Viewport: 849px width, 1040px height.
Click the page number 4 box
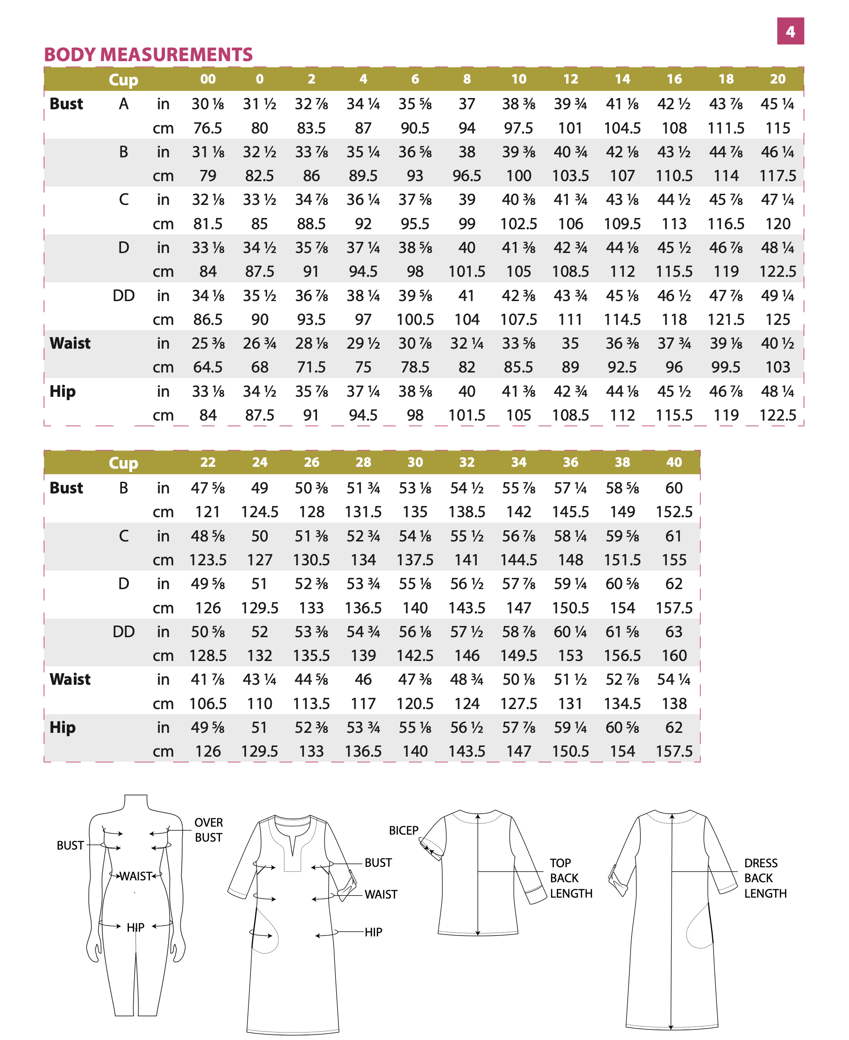point(790,31)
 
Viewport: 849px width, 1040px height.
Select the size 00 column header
point(208,79)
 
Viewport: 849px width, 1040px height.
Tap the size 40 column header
point(673,462)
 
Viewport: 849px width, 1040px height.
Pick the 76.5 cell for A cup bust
point(208,128)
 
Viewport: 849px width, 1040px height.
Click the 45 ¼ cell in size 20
point(777,104)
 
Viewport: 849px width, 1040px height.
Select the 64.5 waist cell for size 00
point(208,367)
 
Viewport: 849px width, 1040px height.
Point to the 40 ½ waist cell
point(777,343)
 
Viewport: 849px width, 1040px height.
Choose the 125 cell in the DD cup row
point(777,320)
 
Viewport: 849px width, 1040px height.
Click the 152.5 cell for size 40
point(673,512)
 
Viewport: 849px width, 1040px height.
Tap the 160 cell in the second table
point(673,655)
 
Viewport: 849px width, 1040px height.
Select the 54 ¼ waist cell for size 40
point(673,679)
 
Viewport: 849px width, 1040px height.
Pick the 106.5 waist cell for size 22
point(208,704)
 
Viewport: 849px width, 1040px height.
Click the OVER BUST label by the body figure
point(208,830)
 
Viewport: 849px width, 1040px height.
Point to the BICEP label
point(403,830)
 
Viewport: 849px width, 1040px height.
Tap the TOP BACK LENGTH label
point(570,878)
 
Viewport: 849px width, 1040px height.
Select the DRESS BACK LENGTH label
point(765,878)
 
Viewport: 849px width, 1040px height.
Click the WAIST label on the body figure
point(136,876)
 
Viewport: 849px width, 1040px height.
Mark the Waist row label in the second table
point(70,679)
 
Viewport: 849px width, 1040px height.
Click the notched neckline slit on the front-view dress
point(293,845)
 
